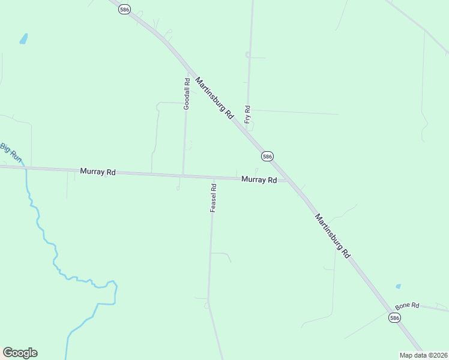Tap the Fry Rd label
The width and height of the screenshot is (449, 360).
click(247, 114)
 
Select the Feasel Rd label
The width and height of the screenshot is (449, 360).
click(213, 198)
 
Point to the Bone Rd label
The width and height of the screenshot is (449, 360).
click(407, 305)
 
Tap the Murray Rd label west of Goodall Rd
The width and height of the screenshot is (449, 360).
click(97, 172)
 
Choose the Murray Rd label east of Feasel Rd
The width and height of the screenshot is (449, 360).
click(259, 179)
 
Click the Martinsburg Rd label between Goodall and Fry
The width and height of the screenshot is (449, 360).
click(214, 99)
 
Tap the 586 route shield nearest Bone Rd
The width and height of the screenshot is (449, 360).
click(394, 317)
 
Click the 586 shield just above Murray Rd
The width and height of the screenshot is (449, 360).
click(267, 156)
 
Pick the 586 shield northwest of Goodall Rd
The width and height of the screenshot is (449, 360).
click(124, 10)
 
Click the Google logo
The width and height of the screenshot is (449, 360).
click(20, 353)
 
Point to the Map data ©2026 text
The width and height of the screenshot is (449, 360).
click(423, 355)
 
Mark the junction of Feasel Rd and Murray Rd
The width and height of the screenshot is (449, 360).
click(213, 178)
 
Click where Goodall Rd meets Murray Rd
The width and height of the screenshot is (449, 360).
click(183, 176)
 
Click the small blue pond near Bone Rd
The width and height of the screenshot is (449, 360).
click(398, 287)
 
